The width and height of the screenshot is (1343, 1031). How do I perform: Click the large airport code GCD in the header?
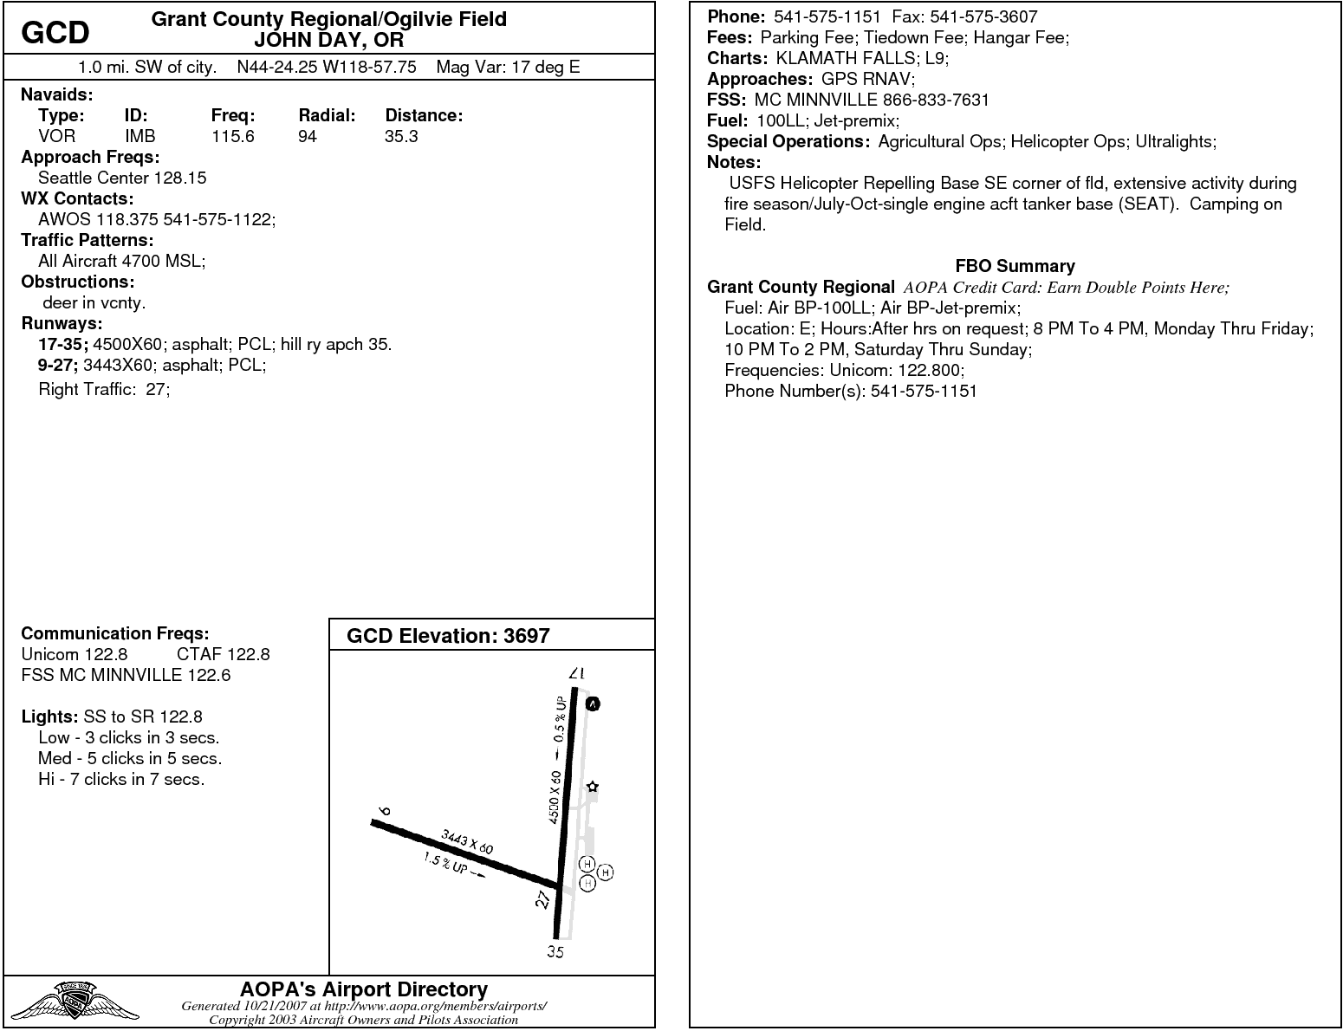pos(55,33)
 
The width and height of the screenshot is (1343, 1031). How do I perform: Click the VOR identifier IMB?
pos(139,136)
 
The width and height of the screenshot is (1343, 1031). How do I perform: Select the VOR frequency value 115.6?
pos(232,136)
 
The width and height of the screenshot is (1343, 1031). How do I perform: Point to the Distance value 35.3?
pos(401,136)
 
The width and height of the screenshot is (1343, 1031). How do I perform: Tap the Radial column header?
pos(327,115)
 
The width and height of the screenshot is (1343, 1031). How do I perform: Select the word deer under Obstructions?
pos(60,302)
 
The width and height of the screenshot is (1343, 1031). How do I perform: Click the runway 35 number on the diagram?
pos(555,952)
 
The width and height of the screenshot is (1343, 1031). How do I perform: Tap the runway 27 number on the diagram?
pos(543,899)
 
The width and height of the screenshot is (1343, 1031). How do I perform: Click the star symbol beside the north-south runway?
pos(593,787)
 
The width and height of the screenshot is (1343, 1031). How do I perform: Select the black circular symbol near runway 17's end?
pos(593,704)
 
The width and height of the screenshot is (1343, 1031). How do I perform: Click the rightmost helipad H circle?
pos(606,872)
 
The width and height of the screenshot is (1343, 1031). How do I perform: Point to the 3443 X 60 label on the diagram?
pos(467,841)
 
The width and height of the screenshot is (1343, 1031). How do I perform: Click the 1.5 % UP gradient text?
pos(446,864)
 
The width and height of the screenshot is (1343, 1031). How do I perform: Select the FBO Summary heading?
pos(1015,266)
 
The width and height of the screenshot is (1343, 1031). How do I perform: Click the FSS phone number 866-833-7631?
pos(936,100)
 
